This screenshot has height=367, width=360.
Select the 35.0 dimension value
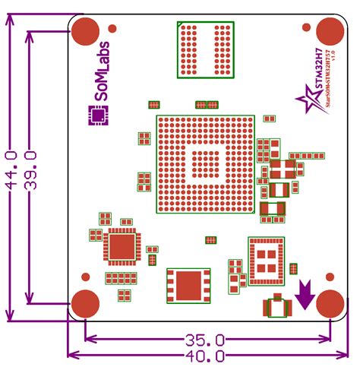tap(204, 340)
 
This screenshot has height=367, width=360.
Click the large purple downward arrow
tap(305, 294)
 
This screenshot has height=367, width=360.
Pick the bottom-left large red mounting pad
tap(86, 303)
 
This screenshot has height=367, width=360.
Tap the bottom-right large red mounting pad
tap(330, 303)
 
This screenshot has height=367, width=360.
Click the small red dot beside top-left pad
tap(112, 28)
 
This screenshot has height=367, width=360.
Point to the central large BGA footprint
tap(204, 164)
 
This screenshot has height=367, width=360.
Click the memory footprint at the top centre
tap(205, 49)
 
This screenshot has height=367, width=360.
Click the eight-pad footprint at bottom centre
tap(188, 287)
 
